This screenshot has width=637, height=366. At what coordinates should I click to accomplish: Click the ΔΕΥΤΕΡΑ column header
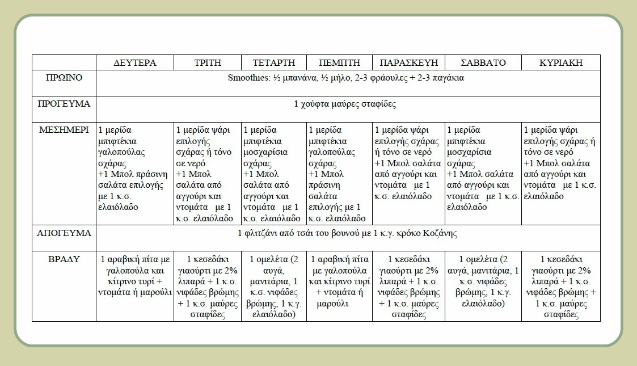[x=135, y=62]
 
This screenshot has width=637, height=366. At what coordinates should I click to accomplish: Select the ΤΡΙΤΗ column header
[x=208, y=62]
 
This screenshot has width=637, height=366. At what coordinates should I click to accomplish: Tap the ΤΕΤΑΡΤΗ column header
[x=274, y=62]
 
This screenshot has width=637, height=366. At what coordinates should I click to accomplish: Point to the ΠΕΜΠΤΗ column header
[x=339, y=62]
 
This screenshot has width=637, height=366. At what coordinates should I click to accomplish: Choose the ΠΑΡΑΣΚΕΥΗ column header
[x=408, y=62]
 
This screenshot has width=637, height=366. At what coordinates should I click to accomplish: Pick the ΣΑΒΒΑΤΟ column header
[x=483, y=62]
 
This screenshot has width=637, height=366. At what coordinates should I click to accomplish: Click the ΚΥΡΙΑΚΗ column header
[x=560, y=62]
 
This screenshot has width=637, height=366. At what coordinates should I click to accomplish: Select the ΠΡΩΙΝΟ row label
[x=64, y=78]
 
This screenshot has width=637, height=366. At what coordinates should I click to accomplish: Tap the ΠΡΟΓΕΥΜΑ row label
[x=64, y=104]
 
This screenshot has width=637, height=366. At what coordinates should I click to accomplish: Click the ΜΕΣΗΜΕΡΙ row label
[x=64, y=130]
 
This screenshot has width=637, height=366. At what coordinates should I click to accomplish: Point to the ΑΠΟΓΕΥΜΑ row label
[x=64, y=233]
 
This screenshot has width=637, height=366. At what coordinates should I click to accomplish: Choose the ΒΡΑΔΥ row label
[x=64, y=259]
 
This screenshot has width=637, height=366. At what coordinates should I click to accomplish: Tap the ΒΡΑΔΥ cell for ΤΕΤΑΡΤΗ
[x=274, y=287]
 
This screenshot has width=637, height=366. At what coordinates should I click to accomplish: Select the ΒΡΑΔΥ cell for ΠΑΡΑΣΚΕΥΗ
[x=408, y=287]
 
